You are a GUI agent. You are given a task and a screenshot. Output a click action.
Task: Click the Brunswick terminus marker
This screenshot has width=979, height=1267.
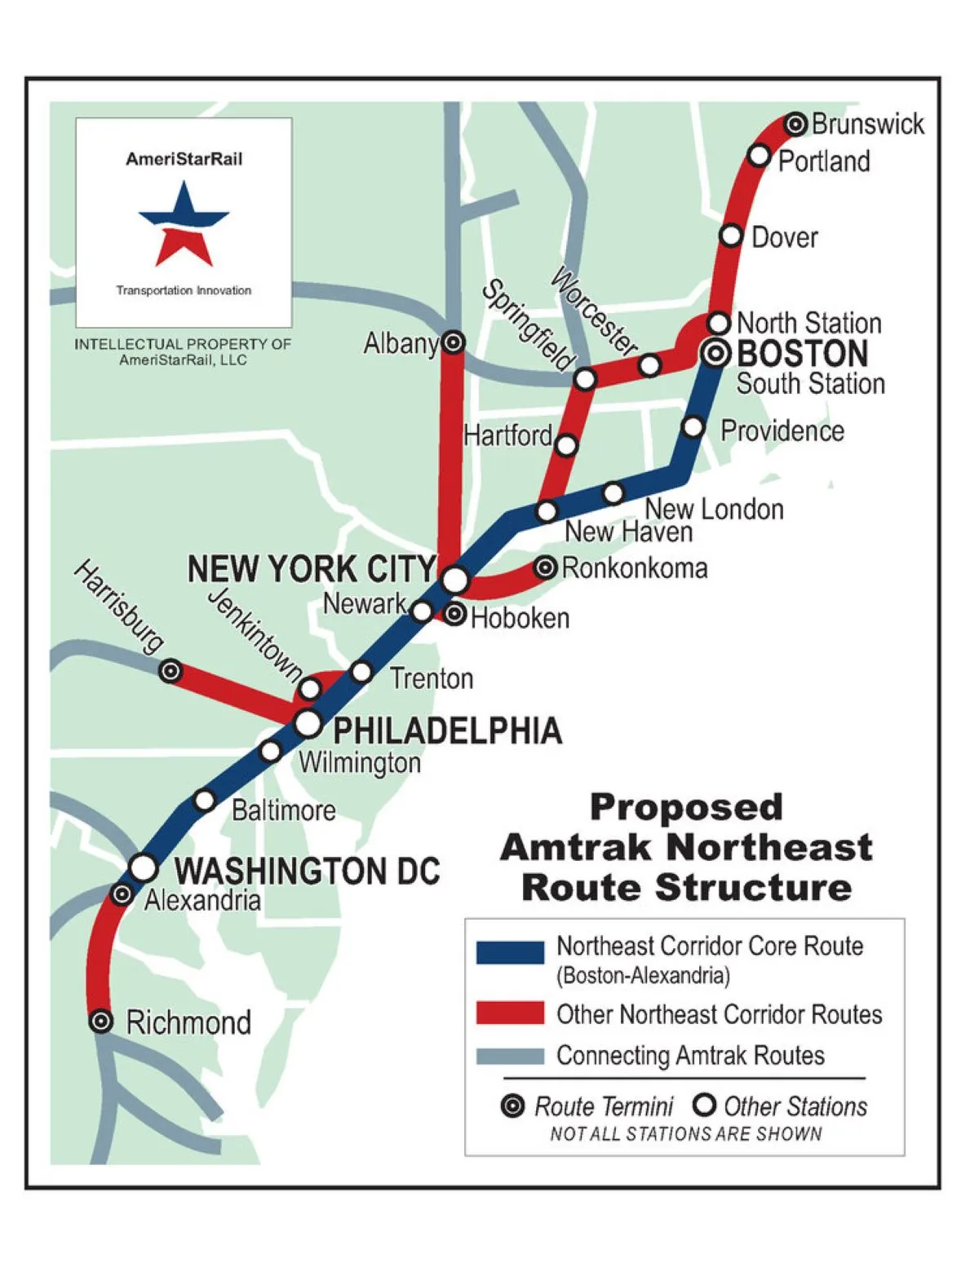(x=795, y=124)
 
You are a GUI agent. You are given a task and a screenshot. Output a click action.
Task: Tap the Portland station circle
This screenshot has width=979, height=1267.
(x=759, y=155)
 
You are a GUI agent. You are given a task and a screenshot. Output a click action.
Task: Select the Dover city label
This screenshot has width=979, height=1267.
(x=784, y=237)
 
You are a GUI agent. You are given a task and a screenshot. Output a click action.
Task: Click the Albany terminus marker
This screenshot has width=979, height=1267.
(x=454, y=342)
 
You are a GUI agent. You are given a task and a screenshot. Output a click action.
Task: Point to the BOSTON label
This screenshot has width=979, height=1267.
(x=802, y=354)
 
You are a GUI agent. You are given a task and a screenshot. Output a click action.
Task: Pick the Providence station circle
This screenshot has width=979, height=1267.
(x=693, y=426)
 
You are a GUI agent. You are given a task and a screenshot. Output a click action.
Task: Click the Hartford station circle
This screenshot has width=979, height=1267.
(x=566, y=445)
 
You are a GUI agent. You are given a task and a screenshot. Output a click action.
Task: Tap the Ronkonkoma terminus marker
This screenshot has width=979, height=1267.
(x=546, y=567)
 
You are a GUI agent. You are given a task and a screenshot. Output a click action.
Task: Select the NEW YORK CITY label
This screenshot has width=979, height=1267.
(x=312, y=569)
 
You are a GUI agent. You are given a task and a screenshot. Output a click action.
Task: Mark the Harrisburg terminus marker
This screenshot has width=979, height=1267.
(x=170, y=671)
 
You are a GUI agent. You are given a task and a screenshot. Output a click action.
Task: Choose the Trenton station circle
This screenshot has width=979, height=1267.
(x=361, y=672)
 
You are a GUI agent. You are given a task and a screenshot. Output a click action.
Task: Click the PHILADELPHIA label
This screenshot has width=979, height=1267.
(x=447, y=731)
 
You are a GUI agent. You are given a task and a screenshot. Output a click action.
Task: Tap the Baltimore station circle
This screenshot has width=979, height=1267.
(x=205, y=801)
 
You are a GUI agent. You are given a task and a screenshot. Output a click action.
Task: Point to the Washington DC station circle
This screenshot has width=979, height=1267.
(x=144, y=867)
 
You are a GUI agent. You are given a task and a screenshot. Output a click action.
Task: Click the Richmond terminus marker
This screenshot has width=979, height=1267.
(x=100, y=1021)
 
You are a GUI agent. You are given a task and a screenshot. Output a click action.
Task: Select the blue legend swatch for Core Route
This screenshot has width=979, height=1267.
(x=510, y=952)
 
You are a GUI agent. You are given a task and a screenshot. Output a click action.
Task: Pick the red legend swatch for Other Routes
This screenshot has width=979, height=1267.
(x=510, y=1013)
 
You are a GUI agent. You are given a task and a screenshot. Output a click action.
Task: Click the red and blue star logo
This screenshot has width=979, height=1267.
(x=184, y=223)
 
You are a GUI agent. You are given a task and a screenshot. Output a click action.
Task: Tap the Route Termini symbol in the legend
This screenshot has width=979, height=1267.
(x=512, y=1106)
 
